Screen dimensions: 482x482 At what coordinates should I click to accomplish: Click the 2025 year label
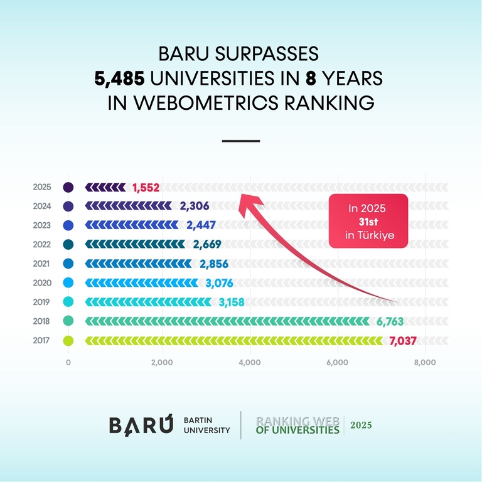pyautogui.click(x=42, y=187)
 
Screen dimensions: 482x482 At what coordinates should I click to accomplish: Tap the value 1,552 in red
pyautogui.click(x=146, y=188)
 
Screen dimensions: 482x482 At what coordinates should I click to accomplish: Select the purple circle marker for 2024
pyautogui.click(x=68, y=206)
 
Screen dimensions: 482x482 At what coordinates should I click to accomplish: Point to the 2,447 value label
pyautogui.click(x=201, y=225)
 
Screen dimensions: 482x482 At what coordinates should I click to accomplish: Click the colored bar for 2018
pyautogui.click(x=227, y=321)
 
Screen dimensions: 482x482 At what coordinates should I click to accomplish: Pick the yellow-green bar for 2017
pyautogui.click(x=234, y=341)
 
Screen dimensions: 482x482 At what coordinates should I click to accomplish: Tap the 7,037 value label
pyautogui.click(x=403, y=341)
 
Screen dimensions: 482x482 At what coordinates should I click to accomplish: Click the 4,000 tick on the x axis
pyautogui.click(x=250, y=362)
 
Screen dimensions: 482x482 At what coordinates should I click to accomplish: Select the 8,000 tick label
pyautogui.click(x=425, y=362)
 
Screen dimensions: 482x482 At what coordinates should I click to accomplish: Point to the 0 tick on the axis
pyautogui.click(x=68, y=362)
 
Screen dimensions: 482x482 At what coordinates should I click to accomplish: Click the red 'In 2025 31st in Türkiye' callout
pyautogui.click(x=368, y=221)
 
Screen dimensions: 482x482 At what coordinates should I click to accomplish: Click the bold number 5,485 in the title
pyautogui.click(x=120, y=78)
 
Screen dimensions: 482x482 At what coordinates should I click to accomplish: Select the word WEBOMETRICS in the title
pyautogui.click(x=206, y=102)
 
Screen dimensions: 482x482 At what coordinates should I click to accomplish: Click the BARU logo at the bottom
pyautogui.click(x=141, y=425)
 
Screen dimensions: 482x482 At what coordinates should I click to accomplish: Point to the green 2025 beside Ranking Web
pyautogui.click(x=361, y=425)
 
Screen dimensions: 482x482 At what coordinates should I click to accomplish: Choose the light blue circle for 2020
pyautogui.click(x=68, y=283)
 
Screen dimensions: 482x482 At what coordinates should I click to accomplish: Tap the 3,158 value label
pyautogui.click(x=232, y=302)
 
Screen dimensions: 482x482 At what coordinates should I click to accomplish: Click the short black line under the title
pyautogui.click(x=241, y=141)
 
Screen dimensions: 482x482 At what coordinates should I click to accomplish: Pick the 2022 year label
pyautogui.click(x=42, y=245)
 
